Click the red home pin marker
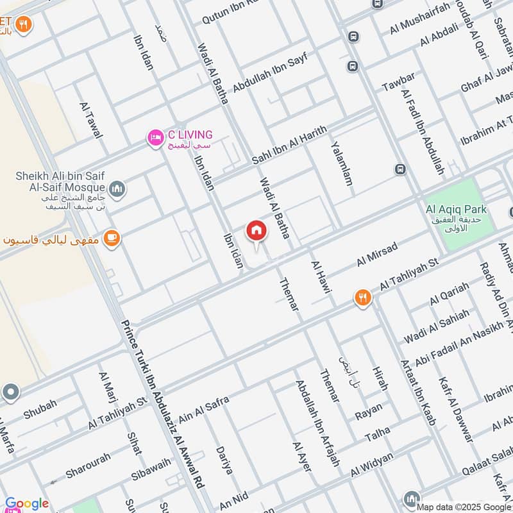coord(256,231)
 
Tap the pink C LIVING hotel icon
coord(155,137)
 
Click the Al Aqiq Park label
coord(456,210)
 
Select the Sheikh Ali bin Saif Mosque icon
coord(117,189)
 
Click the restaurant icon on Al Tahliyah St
coord(363,298)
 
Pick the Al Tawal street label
coord(91,121)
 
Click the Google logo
coord(26,504)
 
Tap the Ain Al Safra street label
coord(204,407)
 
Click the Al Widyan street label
coord(371,467)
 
